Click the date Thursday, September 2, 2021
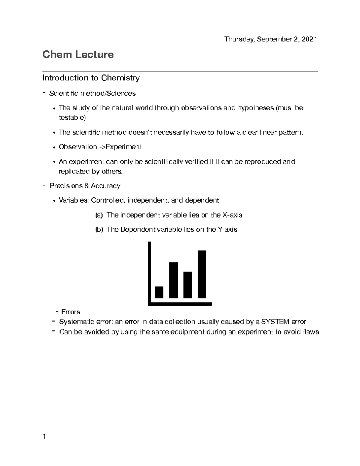[271, 39]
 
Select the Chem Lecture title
[78, 55]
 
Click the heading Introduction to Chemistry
[91, 78]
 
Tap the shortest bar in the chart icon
[159, 292]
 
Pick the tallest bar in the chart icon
[202, 274]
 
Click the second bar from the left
[173, 280]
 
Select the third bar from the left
[187, 284]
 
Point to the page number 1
[44, 437]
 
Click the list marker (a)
[99, 215]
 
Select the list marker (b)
[99, 230]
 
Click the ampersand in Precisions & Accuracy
[87, 186]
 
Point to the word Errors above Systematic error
[70, 312]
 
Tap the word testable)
[72, 118]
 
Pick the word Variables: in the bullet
[74, 200]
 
